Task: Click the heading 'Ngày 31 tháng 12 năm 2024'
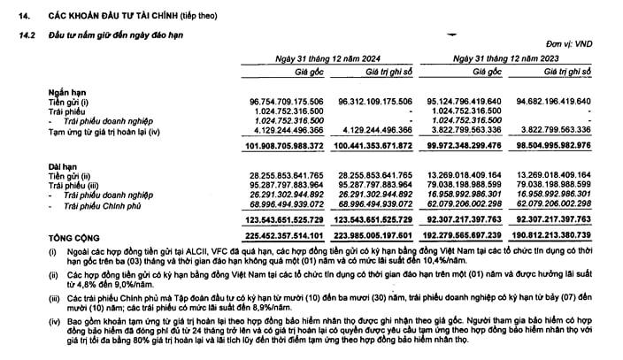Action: pyautogui.click(x=322, y=57)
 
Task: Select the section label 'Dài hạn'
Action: pyautogui.click(x=63, y=166)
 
